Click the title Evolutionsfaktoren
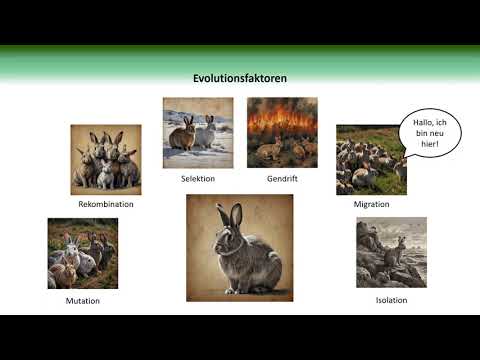coord(239,77)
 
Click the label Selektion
coord(198,178)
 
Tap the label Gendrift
coord(281,178)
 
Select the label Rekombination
coord(106,203)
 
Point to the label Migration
coord(371,204)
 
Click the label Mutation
coord(82,300)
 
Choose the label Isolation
coord(391,299)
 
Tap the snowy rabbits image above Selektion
coord(198,132)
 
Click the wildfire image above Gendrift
coord(282,132)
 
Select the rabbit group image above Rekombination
coord(106,158)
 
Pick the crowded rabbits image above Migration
coord(370,159)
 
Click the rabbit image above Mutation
coord(82,254)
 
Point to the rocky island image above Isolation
coord(391,253)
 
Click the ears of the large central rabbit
coord(230,215)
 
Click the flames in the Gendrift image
coord(282,119)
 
